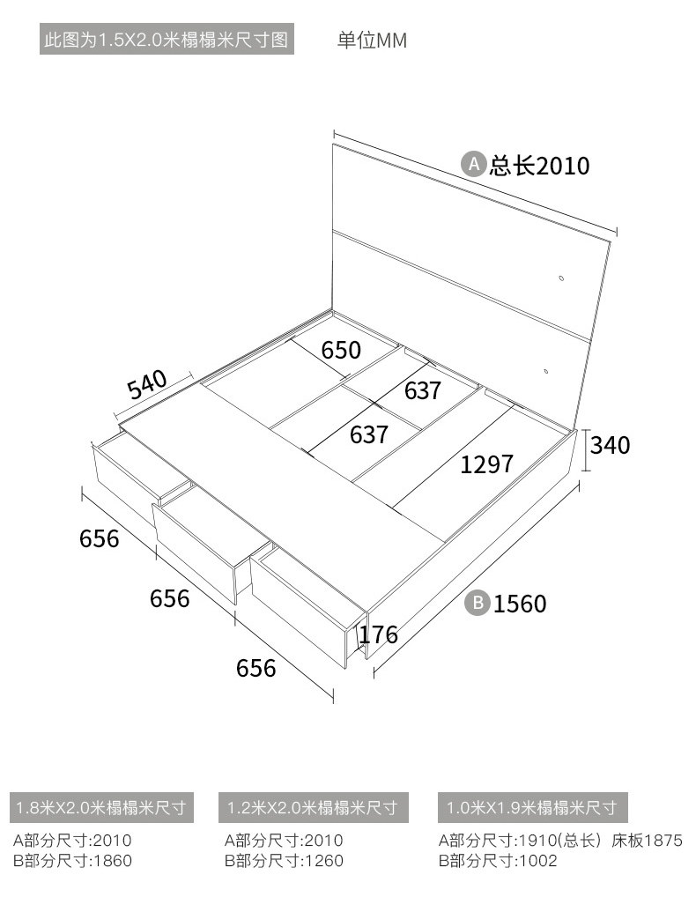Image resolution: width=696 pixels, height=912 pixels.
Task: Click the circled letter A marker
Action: pos(474,165)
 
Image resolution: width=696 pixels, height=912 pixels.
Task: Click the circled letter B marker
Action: pos(478,603)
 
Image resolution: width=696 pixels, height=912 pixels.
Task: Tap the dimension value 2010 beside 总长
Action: pos(563,166)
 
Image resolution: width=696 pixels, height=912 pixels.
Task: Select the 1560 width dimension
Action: pos(520,604)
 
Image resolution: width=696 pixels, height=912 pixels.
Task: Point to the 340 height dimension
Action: pos(610,446)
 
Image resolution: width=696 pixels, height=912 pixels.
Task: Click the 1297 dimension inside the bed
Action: pos(486,464)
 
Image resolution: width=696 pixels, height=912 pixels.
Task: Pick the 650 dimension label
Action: pos(341,350)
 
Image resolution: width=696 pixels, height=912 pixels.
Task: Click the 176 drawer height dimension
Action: pos(378,634)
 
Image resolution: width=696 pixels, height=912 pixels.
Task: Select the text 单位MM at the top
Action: pos(372,41)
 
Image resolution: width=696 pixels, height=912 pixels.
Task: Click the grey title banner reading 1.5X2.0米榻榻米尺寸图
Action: pos(167,40)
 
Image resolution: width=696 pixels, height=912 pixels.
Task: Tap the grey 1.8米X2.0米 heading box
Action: pos(101,807)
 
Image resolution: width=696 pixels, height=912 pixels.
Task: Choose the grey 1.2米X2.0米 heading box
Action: pos(314,807)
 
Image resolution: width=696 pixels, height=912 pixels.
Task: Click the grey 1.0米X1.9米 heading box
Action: pos(533,807)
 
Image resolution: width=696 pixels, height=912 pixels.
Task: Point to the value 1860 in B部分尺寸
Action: pos(113,861)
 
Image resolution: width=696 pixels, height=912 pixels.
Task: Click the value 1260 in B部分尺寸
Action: pos(324,861)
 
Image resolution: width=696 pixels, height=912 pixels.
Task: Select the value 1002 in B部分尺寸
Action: pos(537,861)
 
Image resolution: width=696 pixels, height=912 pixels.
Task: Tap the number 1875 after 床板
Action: pos(663,841)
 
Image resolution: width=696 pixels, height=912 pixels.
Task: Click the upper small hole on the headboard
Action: pos(562,278)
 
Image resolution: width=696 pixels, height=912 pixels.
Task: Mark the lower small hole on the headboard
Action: pos(546,370)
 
